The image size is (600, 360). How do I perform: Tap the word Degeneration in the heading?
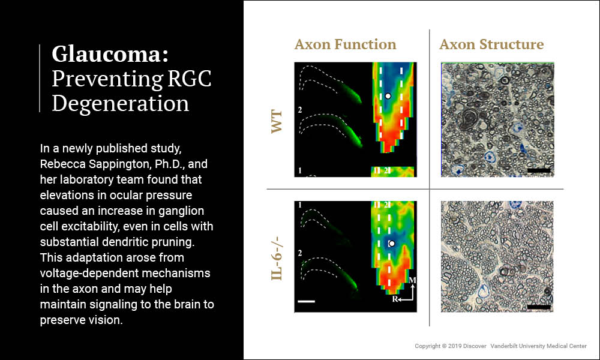coord(120,103)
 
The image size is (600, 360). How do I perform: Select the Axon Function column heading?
coord(345,44)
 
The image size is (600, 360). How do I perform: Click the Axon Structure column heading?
coord(491,44)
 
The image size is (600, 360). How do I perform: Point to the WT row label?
coord(277,121)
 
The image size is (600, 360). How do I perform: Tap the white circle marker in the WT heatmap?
coord(388,95)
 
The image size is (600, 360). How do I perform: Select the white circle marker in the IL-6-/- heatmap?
coord(391,244)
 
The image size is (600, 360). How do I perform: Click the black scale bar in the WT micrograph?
coord(538,170)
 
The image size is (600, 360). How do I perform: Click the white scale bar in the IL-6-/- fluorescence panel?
coord(306,301)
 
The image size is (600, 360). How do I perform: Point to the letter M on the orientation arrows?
coord(412,281)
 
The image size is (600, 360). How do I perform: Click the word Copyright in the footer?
coord(430,346)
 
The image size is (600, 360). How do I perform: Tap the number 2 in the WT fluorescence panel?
coord(300,111)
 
